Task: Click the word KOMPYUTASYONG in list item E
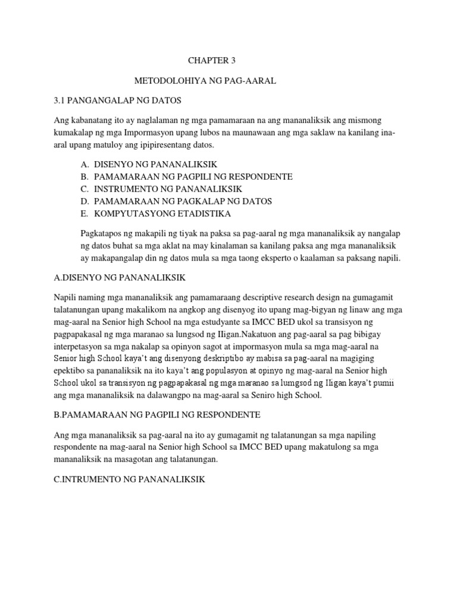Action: (130, 214)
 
